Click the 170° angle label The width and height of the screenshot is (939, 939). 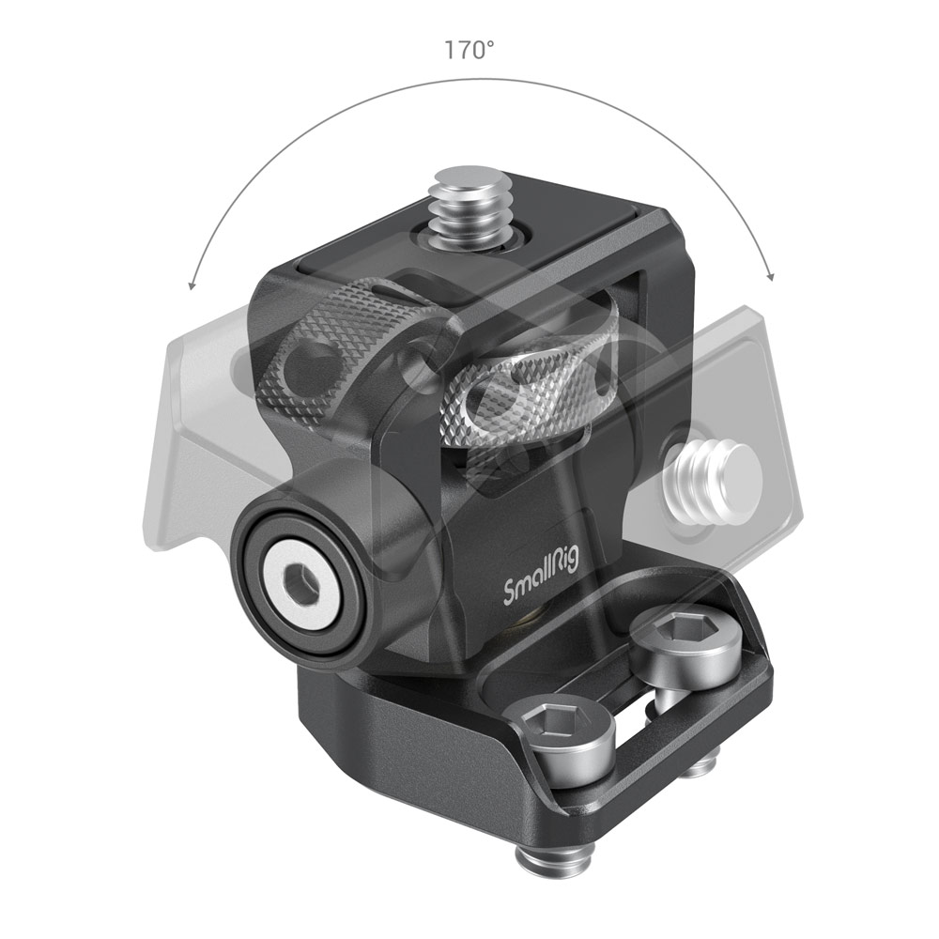point(469,50)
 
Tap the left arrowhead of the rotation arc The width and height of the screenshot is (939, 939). point(192,283)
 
